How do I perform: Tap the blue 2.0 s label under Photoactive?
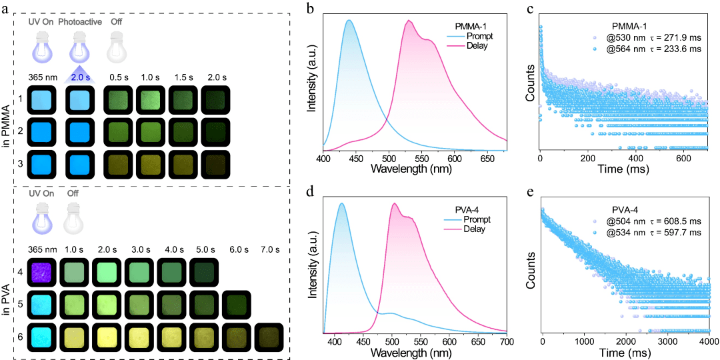(80, 77)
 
